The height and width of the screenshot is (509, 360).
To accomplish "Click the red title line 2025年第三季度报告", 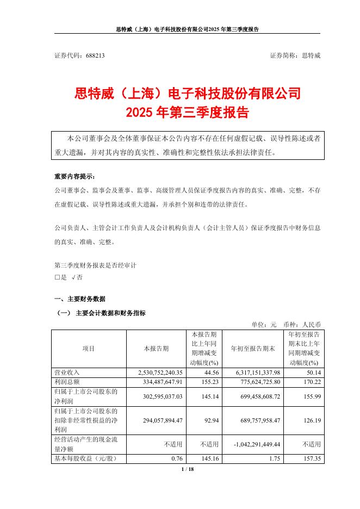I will pyautogui.click(x=187, y=113).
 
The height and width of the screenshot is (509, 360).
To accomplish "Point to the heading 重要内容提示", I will pyautogui.click(x=74, y=177).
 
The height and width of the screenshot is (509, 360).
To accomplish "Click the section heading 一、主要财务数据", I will pyautogui.click(x=80, y=299).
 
